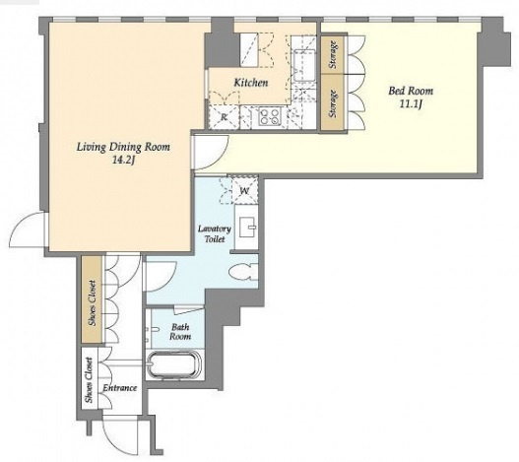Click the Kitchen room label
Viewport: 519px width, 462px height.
pyautogui.click(x=251, y=83)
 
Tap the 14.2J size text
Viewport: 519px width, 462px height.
pyautogui.click(x=124, y=161)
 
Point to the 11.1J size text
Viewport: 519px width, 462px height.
pyautogui.click(x=411, y=104)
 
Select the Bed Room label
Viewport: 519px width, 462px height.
pyautogui.click(x=411, y=91)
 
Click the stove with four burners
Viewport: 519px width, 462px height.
pyautogui.click(x=269, y=116)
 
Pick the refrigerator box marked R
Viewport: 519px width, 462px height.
pyautogui.click(x=224, y=117)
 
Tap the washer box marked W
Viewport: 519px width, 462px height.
pyautogui.click(x=245, y=190)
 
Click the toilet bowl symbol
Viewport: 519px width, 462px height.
pyautogui.click(x=243, y=272)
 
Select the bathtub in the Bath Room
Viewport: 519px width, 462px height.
pyautogui.click(x=174, y=364)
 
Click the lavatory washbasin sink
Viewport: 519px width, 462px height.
pyautogui.click(x=246, y=228)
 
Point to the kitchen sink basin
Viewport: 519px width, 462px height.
pyautogui.click(x=304, y=65)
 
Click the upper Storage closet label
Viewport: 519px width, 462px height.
pyautogui.click(x=334, y=54)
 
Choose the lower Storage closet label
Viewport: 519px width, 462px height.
pyautogui.click(x=334, y=103)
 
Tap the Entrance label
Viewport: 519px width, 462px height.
pyautogui.click(x=120, y=388)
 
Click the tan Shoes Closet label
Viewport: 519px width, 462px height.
pyautogui.click(x=93, y=302)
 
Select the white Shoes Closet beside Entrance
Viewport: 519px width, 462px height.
pyautogui.click(x=89, y=380)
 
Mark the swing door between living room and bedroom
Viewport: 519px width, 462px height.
pyautogui.click(x=211, y=153)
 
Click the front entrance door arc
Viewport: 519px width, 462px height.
pyautogui.click(x=116, y=433)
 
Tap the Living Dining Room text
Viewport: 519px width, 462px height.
pyautogui.click(x=123, y=147)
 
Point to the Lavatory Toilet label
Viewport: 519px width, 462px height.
pyautogui.click(x=215, y=233)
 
